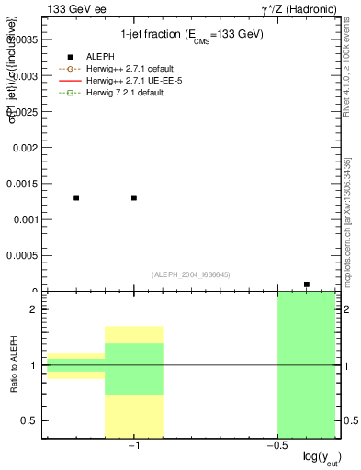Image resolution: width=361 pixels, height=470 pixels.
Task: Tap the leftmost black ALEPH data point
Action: pos(76,197)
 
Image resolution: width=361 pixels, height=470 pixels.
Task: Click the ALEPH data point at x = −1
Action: pos(134,197)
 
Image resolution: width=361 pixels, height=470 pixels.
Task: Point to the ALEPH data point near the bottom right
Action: pos(307,285)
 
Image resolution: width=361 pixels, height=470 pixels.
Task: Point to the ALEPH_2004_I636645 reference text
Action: pos(189,274)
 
